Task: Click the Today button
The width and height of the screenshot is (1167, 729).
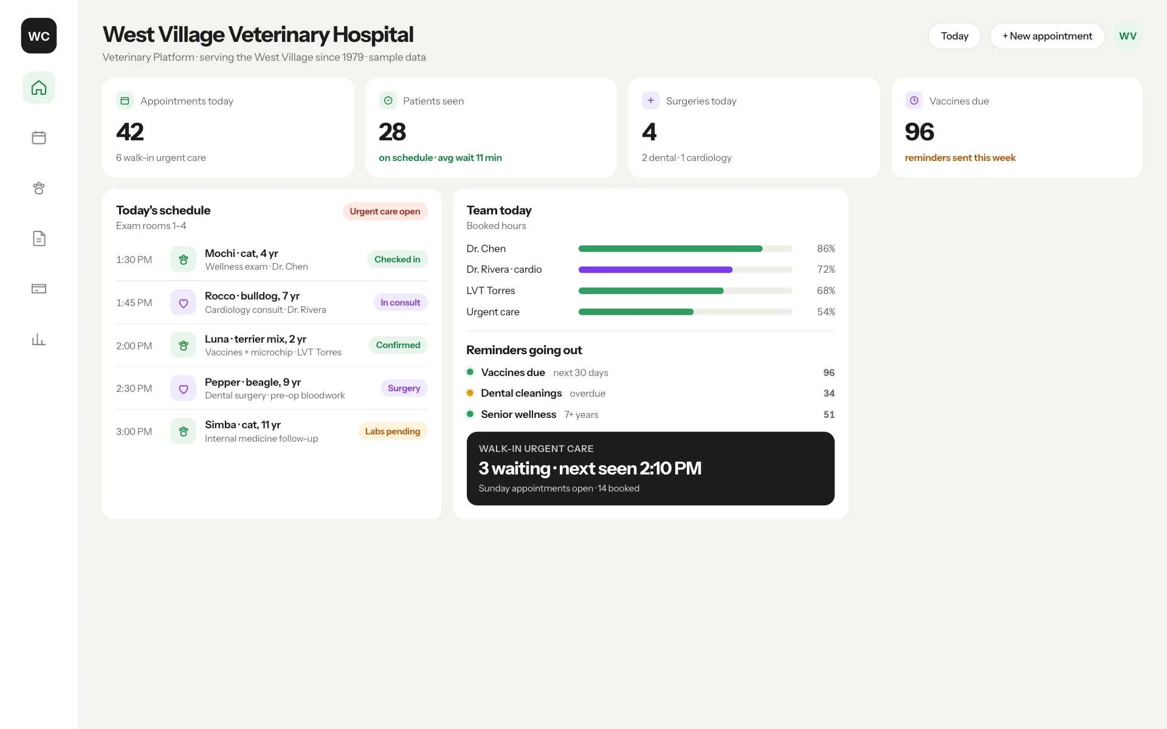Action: click(x=954, y=36)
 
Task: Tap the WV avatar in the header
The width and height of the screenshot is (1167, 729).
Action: click(x=1128, y=36)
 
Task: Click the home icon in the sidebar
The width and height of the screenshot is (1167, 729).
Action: click(x=39, y=87)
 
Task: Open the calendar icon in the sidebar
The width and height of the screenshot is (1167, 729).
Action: click(x=39, y=138)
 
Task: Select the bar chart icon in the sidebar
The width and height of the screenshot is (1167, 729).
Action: click(x=39, y=340)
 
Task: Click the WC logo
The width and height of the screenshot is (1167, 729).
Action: click(x=39, y=36)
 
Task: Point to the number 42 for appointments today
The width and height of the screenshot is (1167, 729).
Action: click(x=130, y=132)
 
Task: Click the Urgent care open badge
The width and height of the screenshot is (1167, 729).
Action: click(x=385, y=211)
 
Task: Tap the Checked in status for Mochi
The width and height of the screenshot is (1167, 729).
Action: click(x=398, y=259)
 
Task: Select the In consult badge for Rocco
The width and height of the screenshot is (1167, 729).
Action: click(x=401, y=303)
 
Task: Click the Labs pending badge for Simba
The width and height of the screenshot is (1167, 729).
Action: click(x=393, y=431)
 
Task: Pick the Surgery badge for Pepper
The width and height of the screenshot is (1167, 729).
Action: click(x=404, y=388)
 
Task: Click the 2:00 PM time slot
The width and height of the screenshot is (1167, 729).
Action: click(x=134, y=346)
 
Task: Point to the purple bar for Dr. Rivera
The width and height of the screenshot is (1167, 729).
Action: click(x=655, y=270)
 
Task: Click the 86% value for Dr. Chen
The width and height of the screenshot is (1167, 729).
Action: click(x=826, y=248)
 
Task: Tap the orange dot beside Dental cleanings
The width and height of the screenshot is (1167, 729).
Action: click(x=470, y=393)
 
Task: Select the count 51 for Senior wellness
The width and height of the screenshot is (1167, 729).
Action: click(x=829, y=414)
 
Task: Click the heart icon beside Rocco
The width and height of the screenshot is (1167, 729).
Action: click(x=183, y=303)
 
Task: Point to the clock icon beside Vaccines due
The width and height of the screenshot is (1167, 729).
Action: click(x=914, y=100)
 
